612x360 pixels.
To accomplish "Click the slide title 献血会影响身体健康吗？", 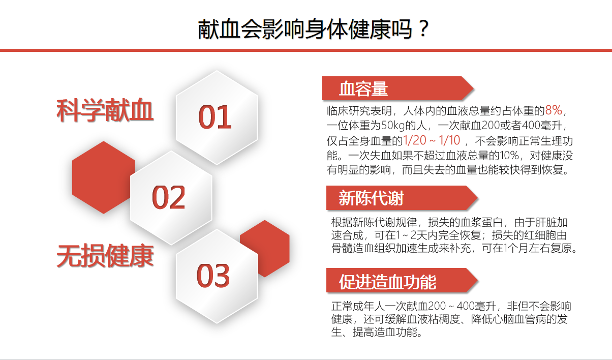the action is tap(313, 29).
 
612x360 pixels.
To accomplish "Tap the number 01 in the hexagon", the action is tap(215, 117).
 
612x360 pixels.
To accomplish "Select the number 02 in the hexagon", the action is tap(169, 197).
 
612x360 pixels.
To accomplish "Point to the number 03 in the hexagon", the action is tap(213, 276).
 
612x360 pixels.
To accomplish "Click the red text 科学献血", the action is tap(105, 110).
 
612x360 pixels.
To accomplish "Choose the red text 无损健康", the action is tap(105, 256).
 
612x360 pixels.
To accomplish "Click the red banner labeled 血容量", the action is tap(397, 88).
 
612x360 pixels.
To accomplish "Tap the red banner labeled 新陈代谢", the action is tap(402, 198).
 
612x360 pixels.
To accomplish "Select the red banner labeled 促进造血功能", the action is tap(402, 281).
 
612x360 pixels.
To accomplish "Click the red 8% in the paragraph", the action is tap(554, 110).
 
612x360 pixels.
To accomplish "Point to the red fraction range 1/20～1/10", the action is tap(432, 140).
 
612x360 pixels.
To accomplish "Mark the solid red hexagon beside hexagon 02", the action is tap(104, 177).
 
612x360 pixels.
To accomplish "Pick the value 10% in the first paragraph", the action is tap(509, 156).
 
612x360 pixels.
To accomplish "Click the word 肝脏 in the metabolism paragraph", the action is tap(546, 223).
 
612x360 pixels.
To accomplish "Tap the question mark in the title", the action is tap(423, 29).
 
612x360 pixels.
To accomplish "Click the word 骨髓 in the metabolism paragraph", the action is tap(342, 248).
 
